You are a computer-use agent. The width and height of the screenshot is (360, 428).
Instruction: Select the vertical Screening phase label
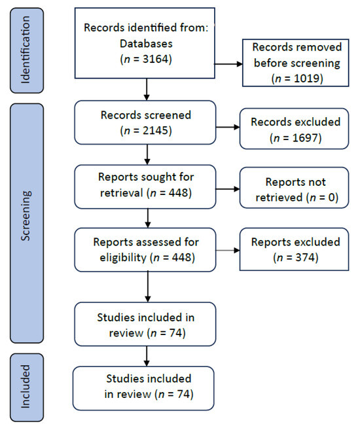(26, 216)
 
